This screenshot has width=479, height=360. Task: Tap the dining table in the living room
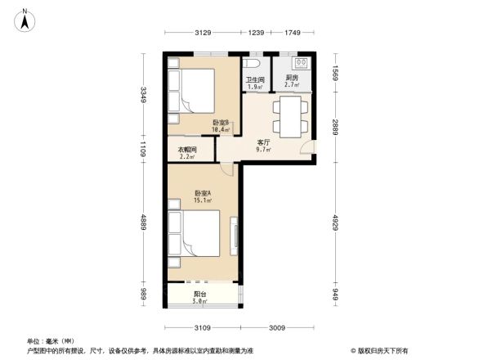tap(289, 116)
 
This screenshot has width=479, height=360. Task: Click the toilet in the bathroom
tap(253, 65)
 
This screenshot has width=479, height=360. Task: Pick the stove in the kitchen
tap(301, 63)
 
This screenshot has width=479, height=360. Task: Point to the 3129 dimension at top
tap(204, 33)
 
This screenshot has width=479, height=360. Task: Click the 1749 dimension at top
tap(293, 33)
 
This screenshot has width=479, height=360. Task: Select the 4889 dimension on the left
tap(143, 223)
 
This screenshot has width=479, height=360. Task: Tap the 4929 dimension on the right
tap(334, 223)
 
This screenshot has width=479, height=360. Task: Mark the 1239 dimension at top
tap(257, 33)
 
